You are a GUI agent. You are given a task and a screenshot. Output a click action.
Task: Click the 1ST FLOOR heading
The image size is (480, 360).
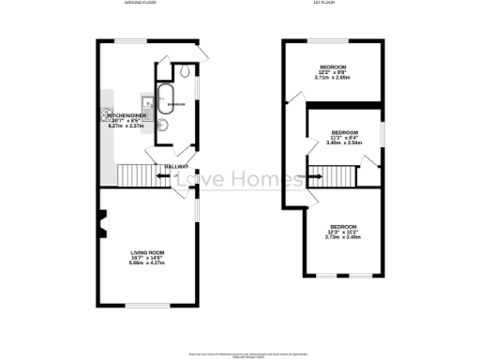click(324, 4)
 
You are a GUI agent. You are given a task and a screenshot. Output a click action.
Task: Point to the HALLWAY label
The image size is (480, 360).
click(176, 167)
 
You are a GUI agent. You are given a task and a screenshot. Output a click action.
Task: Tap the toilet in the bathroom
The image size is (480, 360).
click(185, 72)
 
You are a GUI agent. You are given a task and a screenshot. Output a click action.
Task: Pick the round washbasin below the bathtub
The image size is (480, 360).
click(162, 125)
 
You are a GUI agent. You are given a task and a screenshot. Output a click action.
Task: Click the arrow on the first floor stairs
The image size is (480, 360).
click(317, 174)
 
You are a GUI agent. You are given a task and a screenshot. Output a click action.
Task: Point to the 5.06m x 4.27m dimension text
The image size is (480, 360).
click(147, 264)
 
